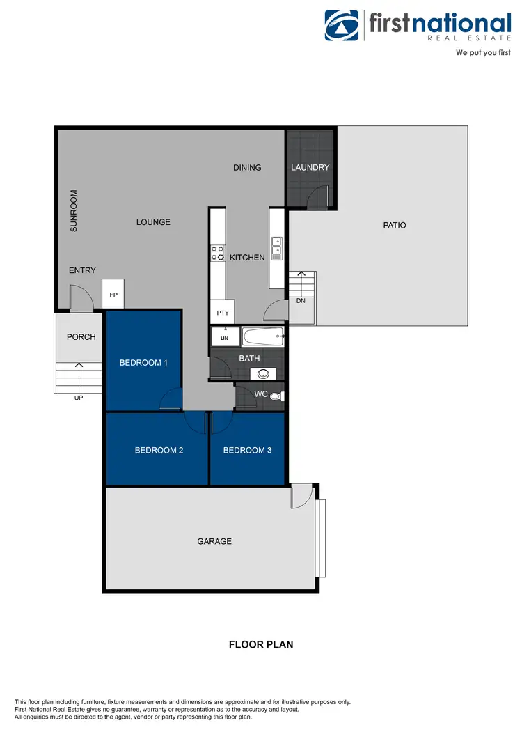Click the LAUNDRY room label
[x=310, y=167]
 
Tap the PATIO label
[x=394, y=225]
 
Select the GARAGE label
[x=214, y=541]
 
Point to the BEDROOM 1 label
[x=143, y=362]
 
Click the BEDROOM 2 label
[x=159, y=450]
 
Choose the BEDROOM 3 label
[x=247, y=450]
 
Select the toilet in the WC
[x=276, y=397]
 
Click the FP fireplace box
[x=113, y=295]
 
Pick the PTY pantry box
[x=223, y=313]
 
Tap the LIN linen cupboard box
[x=225, y=338]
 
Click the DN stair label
[x=301, y=301]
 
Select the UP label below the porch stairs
[x=78, y=399]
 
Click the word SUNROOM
[x=74, y=210]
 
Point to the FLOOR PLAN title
[x=261, y=644]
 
